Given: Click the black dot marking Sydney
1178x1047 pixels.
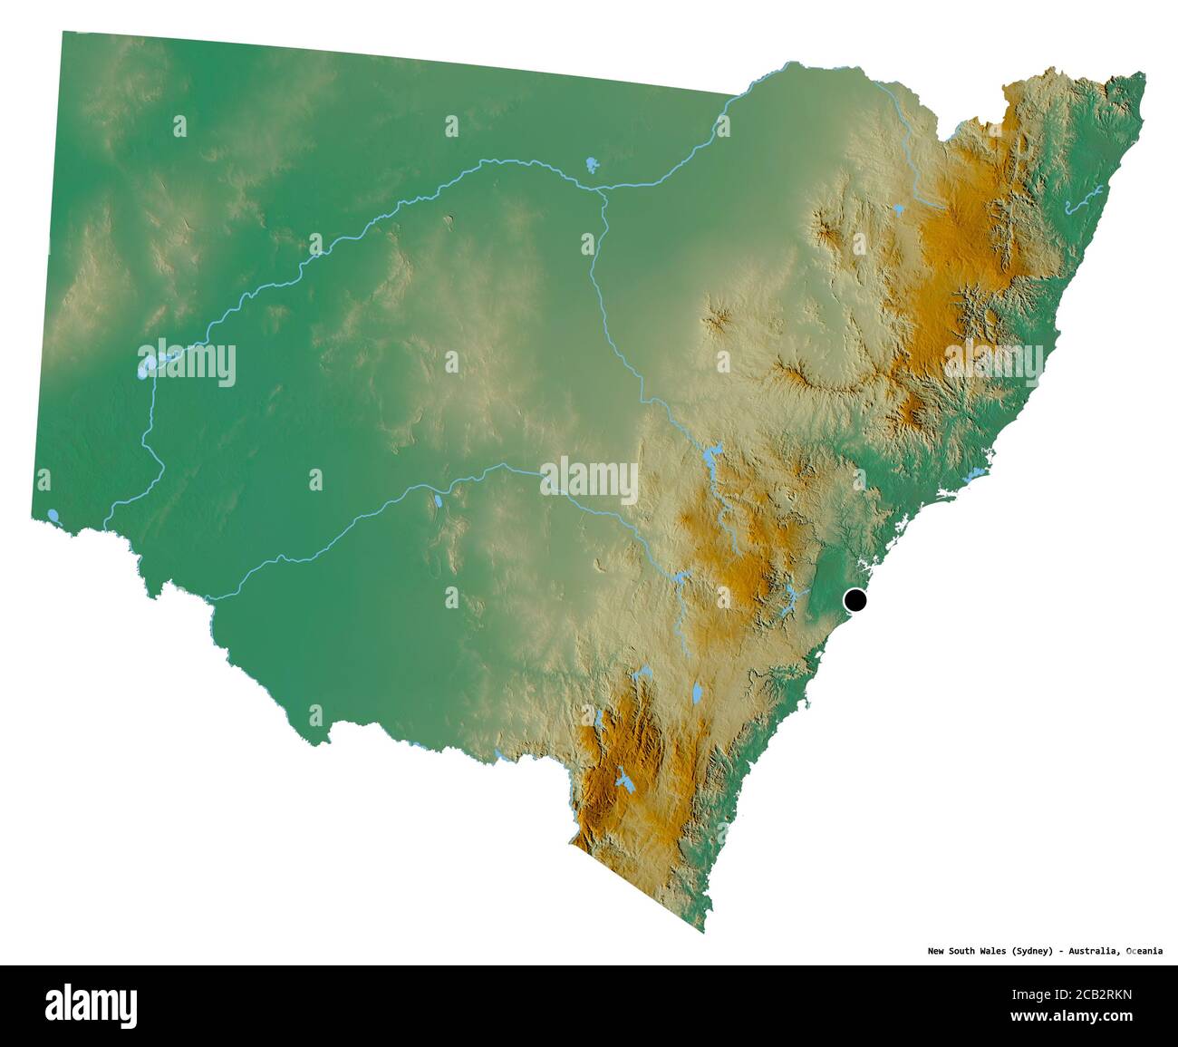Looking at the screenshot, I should pos(855,599).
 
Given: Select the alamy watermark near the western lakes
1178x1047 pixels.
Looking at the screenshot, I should pos(186,364).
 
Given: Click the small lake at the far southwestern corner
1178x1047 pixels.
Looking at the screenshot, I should pos(53,515).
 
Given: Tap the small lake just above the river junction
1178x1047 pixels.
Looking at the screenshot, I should pos(591,165).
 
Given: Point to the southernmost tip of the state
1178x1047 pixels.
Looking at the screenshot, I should pos(704,931).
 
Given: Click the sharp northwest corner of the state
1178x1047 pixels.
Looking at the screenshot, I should pos(63,33).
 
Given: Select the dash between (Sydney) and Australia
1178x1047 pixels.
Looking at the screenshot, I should pos(1065,951).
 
